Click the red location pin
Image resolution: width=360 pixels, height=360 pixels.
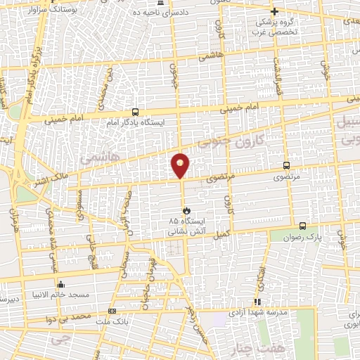(x=181, y=165)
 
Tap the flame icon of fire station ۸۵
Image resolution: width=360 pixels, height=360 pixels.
(x=186, y=210)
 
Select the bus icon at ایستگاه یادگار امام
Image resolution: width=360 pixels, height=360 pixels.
(x=135, y=112)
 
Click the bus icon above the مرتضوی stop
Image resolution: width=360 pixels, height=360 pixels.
(x=285, y=166)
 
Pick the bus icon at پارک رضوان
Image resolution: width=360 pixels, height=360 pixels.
(x=302, y=226)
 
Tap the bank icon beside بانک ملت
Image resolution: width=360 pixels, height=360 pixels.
(x=112, y=311)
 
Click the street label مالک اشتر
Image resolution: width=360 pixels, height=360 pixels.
(x=51, y=181)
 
